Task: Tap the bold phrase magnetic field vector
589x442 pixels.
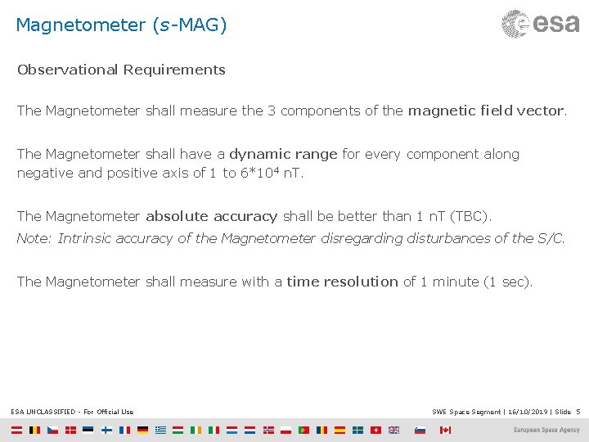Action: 486,110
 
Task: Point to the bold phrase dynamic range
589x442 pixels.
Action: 283,154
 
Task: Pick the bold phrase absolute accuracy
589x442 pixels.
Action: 212,216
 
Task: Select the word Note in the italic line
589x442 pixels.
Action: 33,238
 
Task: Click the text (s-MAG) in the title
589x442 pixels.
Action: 189,25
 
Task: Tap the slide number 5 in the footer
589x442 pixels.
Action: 578,412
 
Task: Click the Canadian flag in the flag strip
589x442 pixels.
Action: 445,430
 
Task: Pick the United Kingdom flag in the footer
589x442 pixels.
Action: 394,430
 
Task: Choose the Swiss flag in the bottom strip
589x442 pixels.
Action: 376,430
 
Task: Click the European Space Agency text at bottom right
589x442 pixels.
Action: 546,430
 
